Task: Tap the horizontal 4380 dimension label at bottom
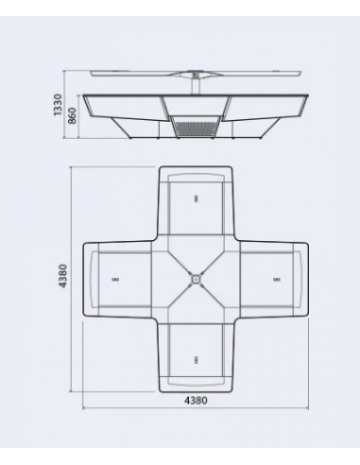pos(195,400)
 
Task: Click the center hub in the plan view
pos(195,279)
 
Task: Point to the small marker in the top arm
pos(195,198)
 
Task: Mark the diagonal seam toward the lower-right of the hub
pos(216,301)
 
